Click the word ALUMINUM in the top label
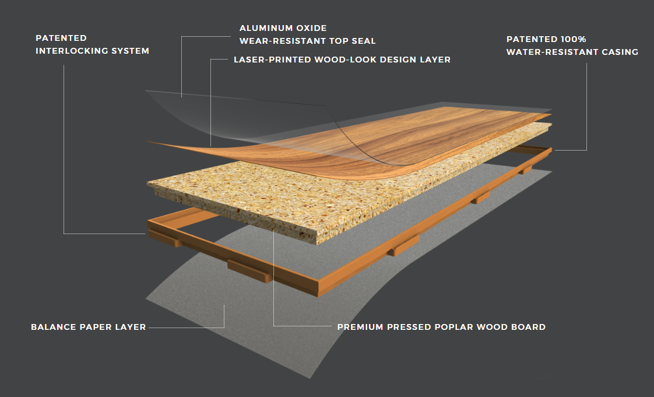click(266, 28)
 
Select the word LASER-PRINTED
click(272, 60)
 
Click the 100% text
click(573, 39)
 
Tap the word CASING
click(620, 52)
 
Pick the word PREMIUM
click(360, 327)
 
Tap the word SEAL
click(363, 41)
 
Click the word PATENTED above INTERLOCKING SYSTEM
click(61, 38)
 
